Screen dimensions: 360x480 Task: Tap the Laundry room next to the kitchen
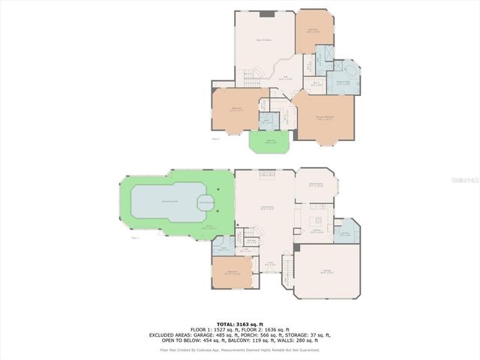click(x=346, y=232)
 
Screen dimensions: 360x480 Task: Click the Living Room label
click(x=265, y=208)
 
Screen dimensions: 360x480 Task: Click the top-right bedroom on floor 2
click(x=313, y=31)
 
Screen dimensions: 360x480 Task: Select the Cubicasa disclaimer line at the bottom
click(x=240, y=349)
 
